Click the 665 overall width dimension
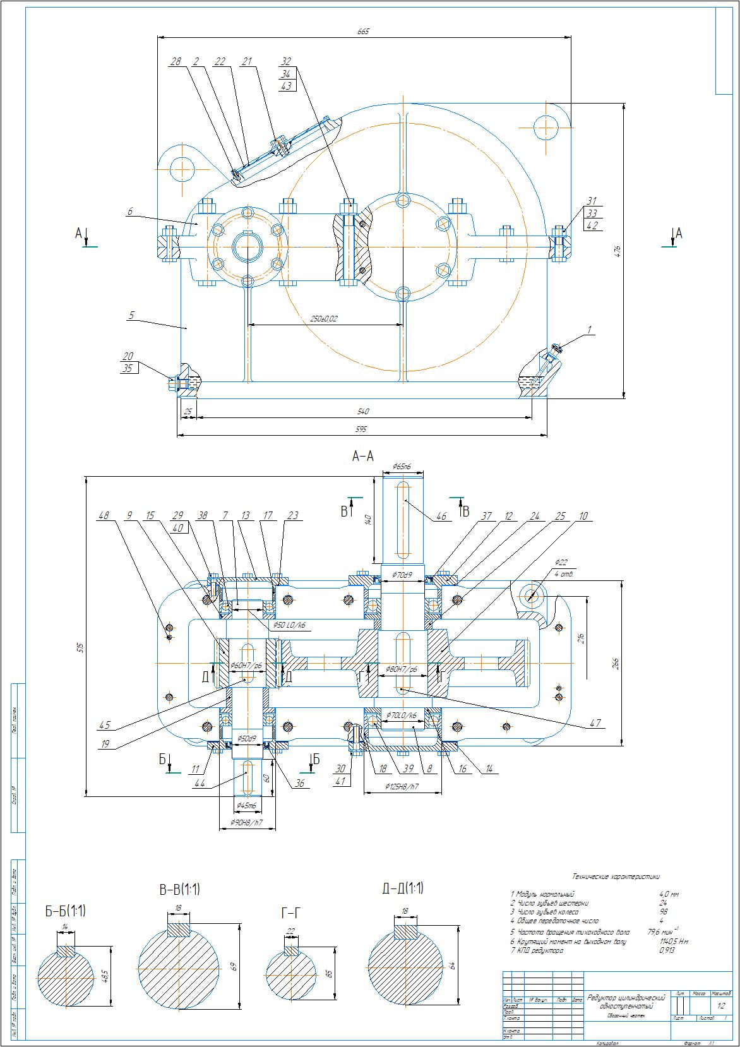(362, 31)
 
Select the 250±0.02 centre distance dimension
(324, 319)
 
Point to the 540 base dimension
(362, 412)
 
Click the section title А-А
(362, 456)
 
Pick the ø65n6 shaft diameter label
(402, 467)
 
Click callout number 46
(441, 517)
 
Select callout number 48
(104, 516)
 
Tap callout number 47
(595, 723)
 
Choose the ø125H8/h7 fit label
(402, 787)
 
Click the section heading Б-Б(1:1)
(65, 911)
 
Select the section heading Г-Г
(290, 912)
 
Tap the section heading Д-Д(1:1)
(403, 888)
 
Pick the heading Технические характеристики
(616, 876)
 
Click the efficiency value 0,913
(667, 950)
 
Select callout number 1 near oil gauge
(589, 330)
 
